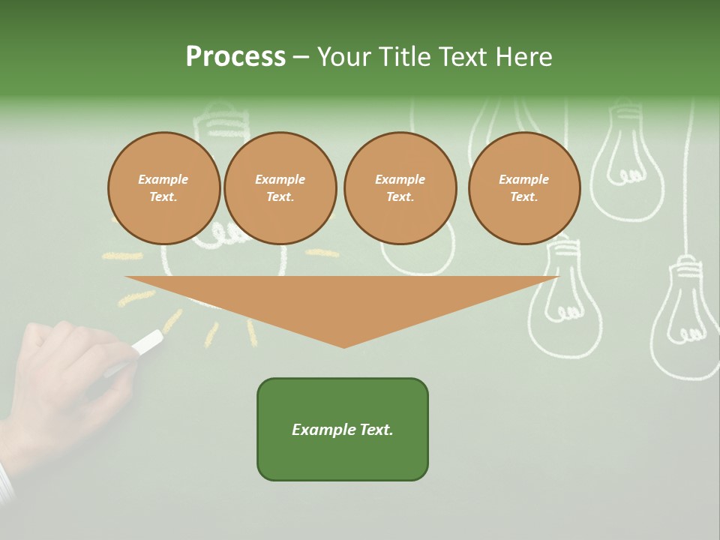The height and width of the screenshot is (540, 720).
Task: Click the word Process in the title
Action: pyautogui.click(x=235, y=57)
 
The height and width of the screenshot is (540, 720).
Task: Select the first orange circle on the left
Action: pyautogui.click(x=164, y=188)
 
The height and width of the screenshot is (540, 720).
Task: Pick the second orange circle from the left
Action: pyautogui.click(x=280, y=188)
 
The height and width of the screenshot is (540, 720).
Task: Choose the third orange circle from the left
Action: pyautogui.click(x=400, y=188)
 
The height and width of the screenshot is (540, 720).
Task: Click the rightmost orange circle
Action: pyautogui.click(x=524, y=188)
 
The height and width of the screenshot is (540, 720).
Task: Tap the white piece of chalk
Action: pyautogui.click(x=147, y=343)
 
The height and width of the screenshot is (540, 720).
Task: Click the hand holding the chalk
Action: pyautogui.click(x=67, y=375)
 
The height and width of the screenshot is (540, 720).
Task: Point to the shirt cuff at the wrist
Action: pyautogui.click(x=6, y=484)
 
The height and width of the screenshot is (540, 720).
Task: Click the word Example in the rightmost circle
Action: pyautogui.click(x=524, y=179)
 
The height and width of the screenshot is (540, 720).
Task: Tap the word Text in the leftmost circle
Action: pyautogui.click(x=163, y=197)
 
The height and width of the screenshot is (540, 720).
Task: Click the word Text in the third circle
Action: pyautogui.click(x=400, y=197)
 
